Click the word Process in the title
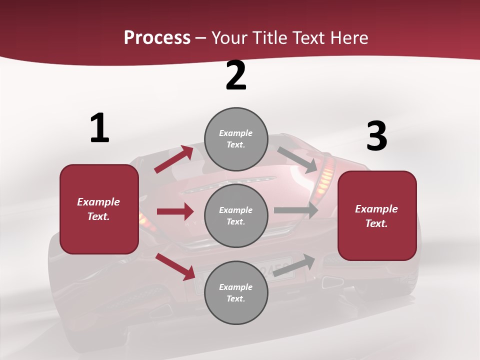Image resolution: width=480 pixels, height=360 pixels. pyautogui.click(x=157, y=38)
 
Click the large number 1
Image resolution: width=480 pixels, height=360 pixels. pyautogui.click(x=99, y=128)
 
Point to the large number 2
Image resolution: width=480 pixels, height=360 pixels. pyautogui.click(x=236, y=76)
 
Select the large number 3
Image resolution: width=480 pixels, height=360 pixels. pyautogui.click(x=376, y=136)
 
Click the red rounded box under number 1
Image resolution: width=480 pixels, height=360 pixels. pyautogui.click(x=99, y=209)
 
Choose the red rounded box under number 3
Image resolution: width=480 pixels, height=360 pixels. pyautogui.click(x=377, y=216)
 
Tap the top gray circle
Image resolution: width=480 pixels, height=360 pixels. pyautogui.click(x=236, y=139)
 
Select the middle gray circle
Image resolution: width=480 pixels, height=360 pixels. pyautogui.click(x=236, y=216)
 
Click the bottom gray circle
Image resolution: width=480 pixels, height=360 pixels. pyautogui.click(x=236, y=292)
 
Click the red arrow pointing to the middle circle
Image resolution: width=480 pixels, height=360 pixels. pyautogui.click(x=175, y=211)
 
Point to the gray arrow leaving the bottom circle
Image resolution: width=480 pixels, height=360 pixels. pyautogui.click(x=294, y=265)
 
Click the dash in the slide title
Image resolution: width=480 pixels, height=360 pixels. pyautogui.click(x=201, y=38)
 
